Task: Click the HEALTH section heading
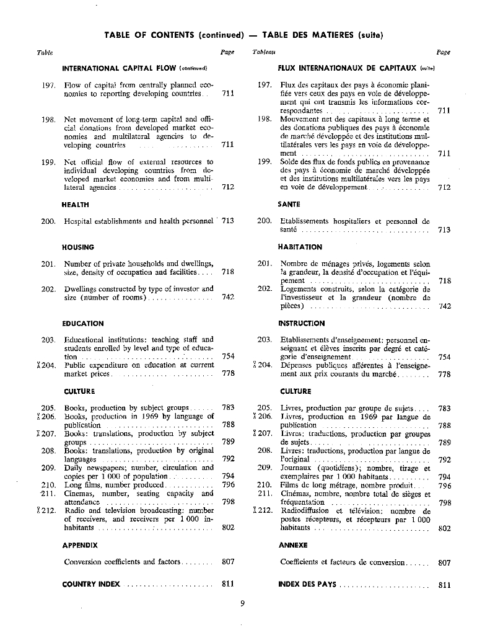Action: coord(76,204)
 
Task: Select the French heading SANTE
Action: coord(290,204)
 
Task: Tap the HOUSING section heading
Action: coord(78,247)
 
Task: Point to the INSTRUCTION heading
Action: coord(302,323)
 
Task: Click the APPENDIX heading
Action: coord(80,545)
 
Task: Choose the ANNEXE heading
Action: coord(294,545)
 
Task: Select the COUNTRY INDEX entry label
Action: coord(92,584)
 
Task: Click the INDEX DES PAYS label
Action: coord(307,584)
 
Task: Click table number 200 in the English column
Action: coord(48,221)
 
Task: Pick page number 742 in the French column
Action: coord(444,306)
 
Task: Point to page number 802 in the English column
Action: coord(228,528)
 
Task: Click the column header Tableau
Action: coord(265,53)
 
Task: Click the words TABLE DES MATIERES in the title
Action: coord(306,34)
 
